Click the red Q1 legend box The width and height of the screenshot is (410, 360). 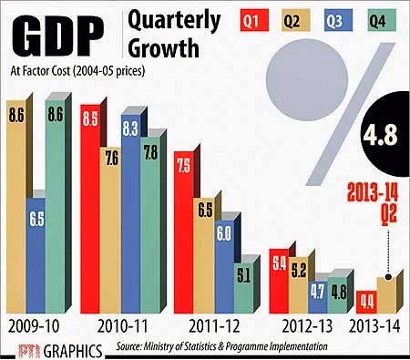(x=254, y=20)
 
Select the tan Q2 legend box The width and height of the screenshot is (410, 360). (x=296, y=20)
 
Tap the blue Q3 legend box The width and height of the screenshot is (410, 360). (x=338, y=20)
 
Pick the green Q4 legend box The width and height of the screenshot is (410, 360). (x=382, y=20)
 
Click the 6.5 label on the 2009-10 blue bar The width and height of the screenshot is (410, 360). (x=36, y=219)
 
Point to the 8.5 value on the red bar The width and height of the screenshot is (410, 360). (x=90, y=118)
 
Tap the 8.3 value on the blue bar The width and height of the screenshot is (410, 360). (x=130, y=129)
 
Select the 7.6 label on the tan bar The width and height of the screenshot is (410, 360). (x=111, y=159)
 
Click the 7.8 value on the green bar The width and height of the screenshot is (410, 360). (x=151, y=152)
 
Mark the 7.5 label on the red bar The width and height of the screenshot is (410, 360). (x=184, y=166)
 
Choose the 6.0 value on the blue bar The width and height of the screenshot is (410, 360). (x=224, y=233)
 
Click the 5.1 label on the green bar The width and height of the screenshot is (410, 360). (x=243, y=276)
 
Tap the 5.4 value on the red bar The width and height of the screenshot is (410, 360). (x=280, y=263)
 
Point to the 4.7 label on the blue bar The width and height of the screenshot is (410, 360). (x=318, y=292)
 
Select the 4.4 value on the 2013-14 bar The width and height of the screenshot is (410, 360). (x=367, y=302)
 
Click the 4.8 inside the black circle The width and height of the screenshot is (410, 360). (x=380, y=134)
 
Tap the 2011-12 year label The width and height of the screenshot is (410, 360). (x=214, y=327)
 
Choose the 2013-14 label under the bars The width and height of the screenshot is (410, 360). (x=374, y=327)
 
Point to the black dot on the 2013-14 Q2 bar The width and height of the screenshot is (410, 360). (x=388, y=277)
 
